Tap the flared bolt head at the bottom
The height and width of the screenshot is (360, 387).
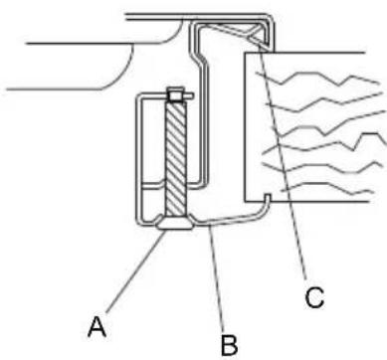click(173, 228)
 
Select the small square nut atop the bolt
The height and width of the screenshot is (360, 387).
click(175, 94)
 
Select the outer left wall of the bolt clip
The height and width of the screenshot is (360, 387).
click(138, 159)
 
